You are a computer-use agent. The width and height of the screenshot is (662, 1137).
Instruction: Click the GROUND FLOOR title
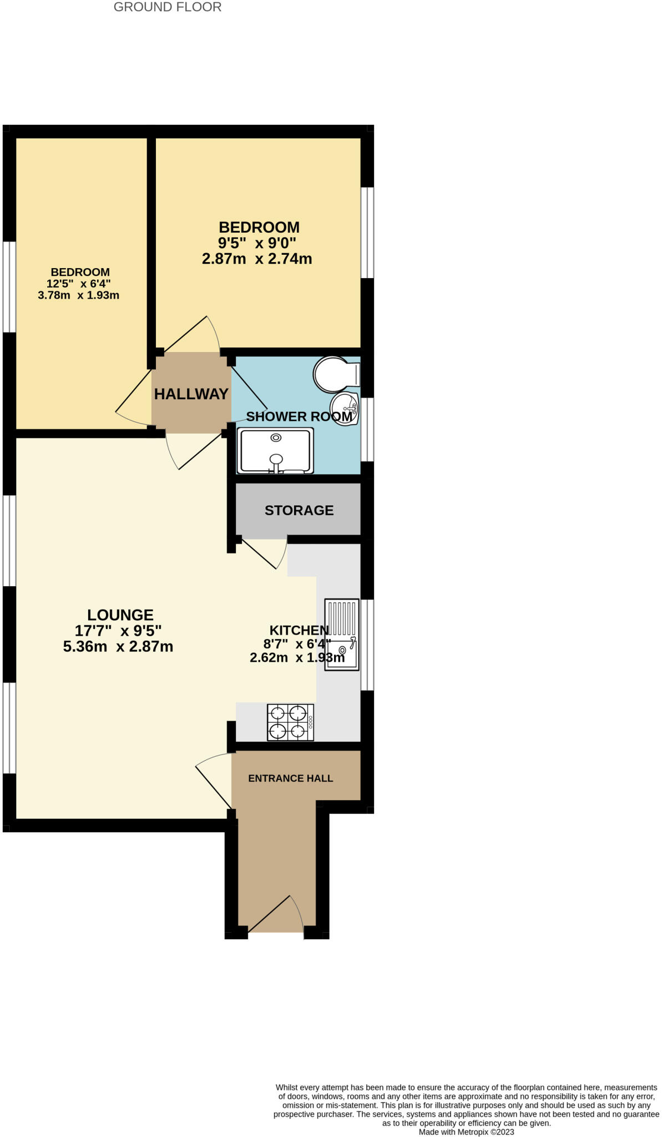167,7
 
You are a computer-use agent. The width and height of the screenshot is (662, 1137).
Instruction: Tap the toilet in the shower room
335,374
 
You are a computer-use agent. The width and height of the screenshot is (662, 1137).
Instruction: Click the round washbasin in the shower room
344,409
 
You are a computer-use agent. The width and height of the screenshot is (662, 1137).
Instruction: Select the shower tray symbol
275,451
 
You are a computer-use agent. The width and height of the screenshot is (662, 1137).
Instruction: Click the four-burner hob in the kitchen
290,722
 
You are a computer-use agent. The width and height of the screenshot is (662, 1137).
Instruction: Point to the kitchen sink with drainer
341,635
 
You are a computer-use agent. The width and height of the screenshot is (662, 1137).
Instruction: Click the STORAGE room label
299,510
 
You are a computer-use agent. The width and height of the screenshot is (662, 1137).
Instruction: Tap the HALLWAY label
191,394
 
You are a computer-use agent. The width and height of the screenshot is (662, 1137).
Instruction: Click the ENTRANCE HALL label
290,778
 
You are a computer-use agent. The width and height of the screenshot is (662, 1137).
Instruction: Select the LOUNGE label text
120,615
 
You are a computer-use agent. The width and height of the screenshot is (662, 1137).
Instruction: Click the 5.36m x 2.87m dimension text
118,646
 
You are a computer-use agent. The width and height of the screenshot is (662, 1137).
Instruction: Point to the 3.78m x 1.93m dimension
78,295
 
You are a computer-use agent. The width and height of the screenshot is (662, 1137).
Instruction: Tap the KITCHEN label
299,630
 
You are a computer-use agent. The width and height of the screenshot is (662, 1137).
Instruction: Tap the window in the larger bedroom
367,232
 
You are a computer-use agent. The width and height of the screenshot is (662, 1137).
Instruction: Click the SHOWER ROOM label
299,416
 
